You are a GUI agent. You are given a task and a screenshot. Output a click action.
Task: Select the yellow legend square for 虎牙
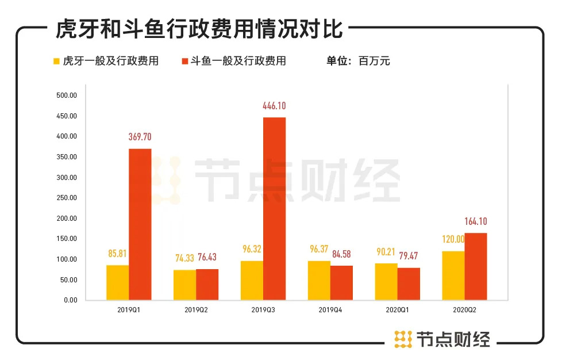click(56, 61)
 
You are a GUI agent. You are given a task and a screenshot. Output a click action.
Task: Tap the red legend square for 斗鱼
click(185, 61)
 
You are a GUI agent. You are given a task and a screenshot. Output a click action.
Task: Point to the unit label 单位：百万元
click(358, 61)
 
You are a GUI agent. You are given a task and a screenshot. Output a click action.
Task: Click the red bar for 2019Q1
click(140, 224)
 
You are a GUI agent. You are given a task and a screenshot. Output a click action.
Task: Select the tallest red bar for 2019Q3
click(274, 208)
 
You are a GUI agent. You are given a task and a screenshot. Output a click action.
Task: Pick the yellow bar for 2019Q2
click(184, 285)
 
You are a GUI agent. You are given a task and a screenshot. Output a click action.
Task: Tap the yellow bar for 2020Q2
click(453, 275)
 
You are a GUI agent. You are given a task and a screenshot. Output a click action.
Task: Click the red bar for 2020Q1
click(409, 284)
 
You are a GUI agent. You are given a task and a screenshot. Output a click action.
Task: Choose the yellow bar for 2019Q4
click(319, 280)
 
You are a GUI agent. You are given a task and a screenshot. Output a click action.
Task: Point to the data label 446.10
click(274, 106)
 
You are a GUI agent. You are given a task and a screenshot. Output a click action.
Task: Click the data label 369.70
click(140, 137)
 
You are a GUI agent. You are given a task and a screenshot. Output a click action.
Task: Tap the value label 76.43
click(207, 257)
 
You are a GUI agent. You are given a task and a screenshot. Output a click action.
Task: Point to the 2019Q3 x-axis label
click(263, 310)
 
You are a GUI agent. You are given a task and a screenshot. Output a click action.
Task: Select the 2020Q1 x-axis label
click(397, 310)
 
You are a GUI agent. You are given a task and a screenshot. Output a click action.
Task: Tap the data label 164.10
click(476, 221)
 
